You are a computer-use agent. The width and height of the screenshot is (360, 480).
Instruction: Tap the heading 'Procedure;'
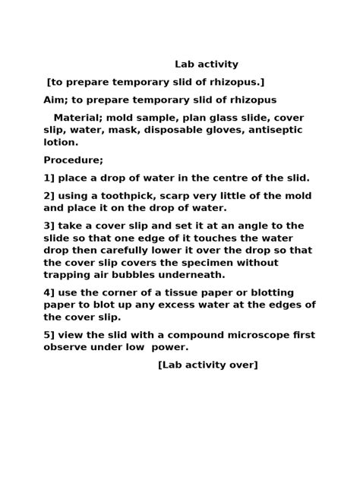coord(73,160)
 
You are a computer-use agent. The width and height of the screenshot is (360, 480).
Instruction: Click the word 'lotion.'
coord(61,143)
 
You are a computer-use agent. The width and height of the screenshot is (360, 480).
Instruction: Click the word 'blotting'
coord(294,293)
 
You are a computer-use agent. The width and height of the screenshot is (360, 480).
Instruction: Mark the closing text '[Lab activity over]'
coord(208,365)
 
